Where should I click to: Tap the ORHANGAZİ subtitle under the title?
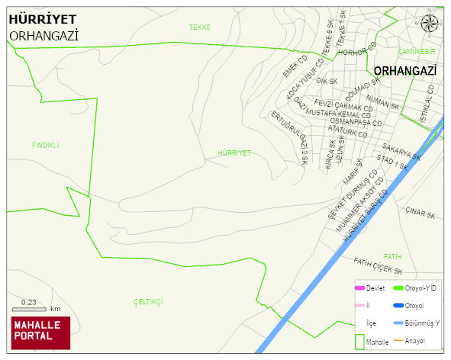44,35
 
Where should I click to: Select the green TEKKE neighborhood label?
200,27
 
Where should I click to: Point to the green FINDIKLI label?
45,145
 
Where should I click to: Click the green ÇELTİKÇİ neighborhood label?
148,302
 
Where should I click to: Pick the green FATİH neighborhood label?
392,256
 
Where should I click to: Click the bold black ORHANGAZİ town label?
405,70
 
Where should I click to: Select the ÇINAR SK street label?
420,214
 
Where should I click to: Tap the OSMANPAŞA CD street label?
356,122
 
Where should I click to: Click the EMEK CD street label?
294,66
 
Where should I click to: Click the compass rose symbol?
430,23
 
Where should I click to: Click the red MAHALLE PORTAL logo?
40,333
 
